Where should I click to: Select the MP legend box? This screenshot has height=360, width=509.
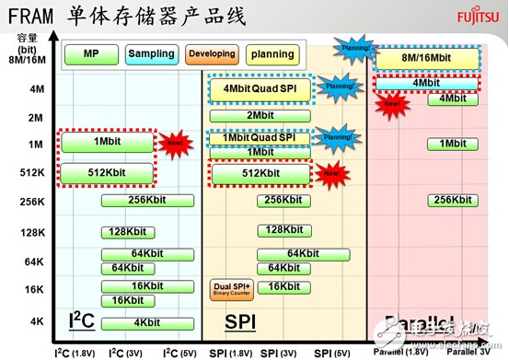pos(91,54)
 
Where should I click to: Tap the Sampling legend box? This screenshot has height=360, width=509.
pos(151,54)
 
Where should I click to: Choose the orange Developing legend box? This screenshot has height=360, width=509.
pos(210,54)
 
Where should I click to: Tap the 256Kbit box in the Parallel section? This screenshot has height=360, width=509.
pos(452,201)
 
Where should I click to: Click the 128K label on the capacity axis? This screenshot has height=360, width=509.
pos(34,233)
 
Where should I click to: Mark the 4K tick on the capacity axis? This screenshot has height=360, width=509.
pos(37,321)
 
